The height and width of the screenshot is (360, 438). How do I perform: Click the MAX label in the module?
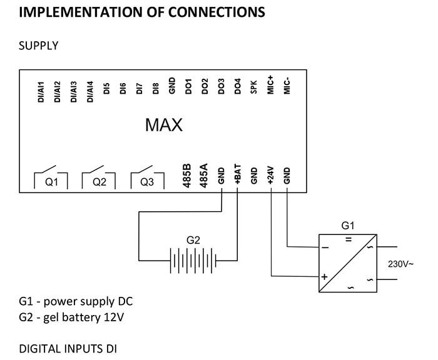163,125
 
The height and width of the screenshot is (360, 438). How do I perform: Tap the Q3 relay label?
147,182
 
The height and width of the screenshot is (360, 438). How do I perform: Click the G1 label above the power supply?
348,224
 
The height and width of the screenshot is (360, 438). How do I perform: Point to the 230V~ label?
400,264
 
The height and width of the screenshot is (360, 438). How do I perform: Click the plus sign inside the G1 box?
325,276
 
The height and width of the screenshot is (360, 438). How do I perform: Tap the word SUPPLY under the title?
39,46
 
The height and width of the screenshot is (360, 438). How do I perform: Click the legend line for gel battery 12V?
72,317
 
